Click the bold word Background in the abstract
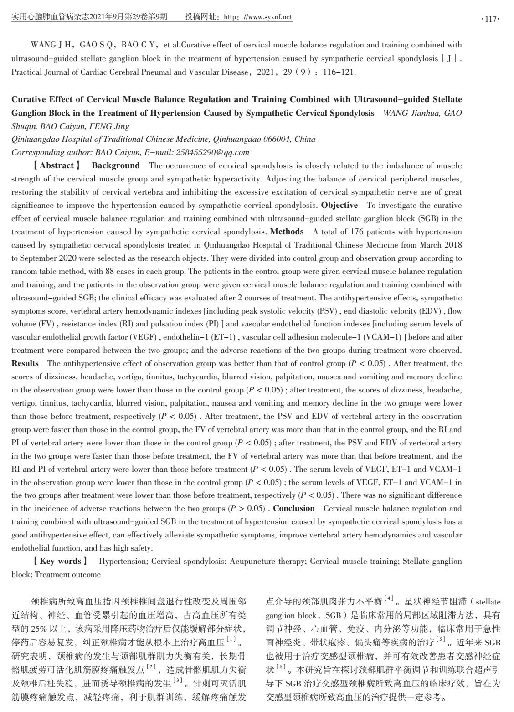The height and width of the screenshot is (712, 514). click(x=116, y=165)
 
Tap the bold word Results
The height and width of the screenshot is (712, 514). click(x=25, y=363)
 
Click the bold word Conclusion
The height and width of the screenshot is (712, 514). click(x=294, y=508)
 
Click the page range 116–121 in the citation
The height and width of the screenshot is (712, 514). click(x=339, y=72)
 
